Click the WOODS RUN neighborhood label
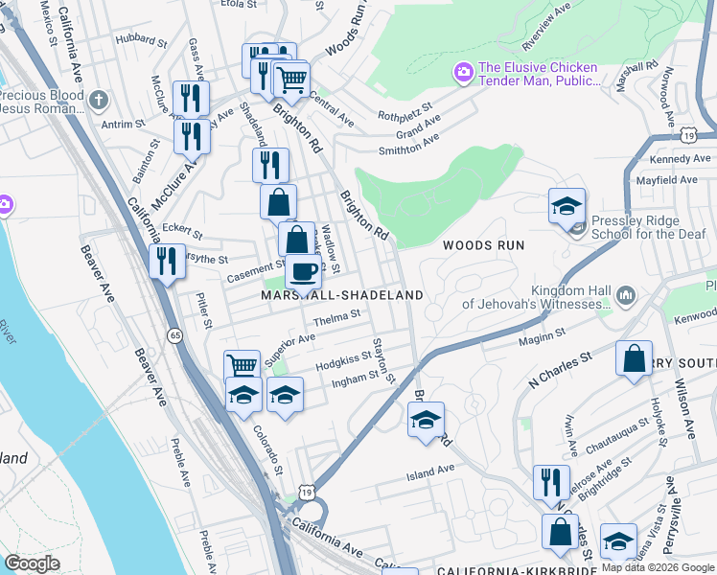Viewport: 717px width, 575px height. (x=483, y=245)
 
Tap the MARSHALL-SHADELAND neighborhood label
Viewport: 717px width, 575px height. (x=342, y=295)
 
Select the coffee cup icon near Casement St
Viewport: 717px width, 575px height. (x=304, y=272)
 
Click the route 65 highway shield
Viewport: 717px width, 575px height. (x=173, y=335)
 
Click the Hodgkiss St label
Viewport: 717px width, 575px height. (x=343, y=359)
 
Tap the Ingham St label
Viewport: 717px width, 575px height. (x=348, y=379)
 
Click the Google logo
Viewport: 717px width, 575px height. (x=32, y=563)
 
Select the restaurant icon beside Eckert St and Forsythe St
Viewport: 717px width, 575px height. (x=168, y=261)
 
